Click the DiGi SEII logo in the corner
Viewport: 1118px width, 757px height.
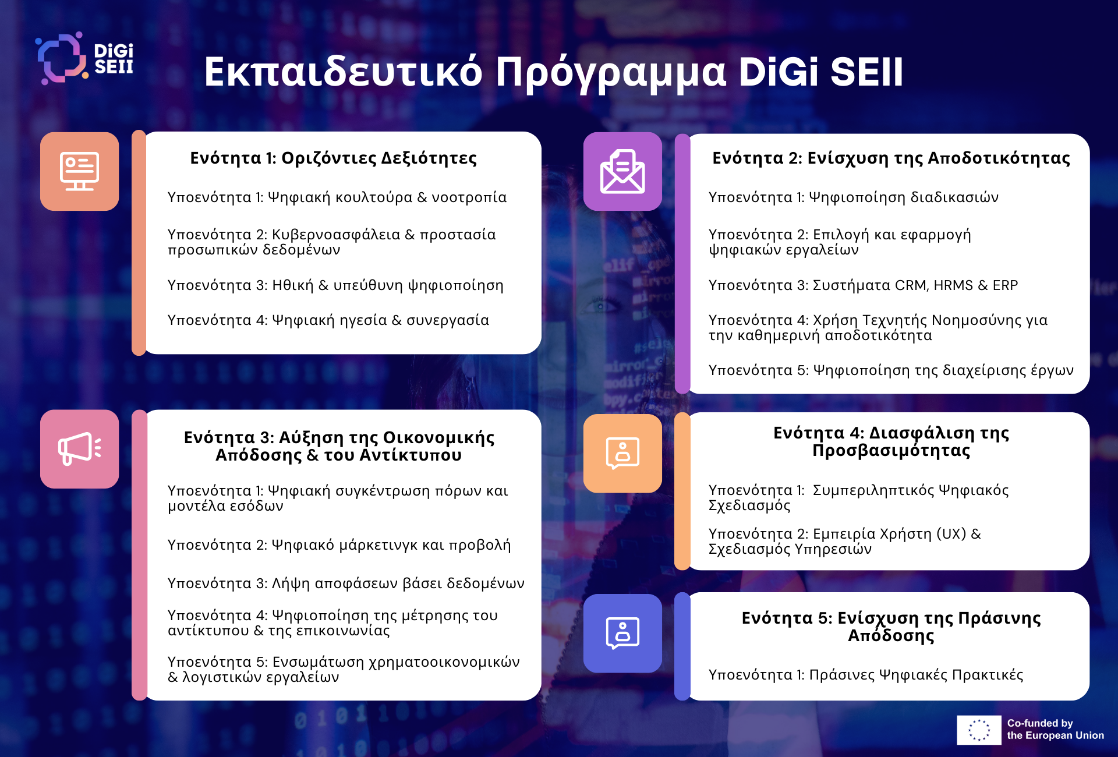[85, 58]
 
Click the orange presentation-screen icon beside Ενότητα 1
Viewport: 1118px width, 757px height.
[80, 171]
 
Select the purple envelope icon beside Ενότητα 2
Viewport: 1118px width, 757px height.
[622, 171]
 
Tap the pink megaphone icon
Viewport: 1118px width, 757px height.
[80, 449]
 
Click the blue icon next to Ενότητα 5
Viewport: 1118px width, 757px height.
[622, 633]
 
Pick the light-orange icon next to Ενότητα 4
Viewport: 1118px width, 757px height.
[622, 453]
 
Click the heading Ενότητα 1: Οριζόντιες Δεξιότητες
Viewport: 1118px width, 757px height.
[334, 158]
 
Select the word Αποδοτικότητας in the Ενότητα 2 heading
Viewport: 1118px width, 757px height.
[999, 158]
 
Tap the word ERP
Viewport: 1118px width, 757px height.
[1006, 285]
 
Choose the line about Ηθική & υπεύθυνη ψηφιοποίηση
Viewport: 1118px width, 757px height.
[335, 286]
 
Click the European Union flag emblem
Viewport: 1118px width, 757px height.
[979, 730]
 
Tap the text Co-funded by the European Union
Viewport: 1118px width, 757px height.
[1056, 729]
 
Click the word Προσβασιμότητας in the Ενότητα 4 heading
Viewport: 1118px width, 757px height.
[891, 451]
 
